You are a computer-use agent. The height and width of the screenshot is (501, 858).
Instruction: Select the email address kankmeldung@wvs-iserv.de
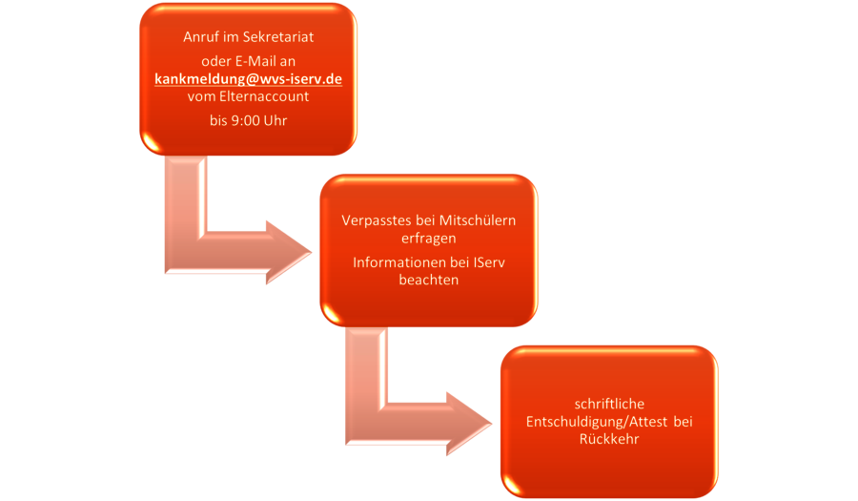(x=249, y=79)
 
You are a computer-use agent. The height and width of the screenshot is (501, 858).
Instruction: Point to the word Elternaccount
(x=264, y=96)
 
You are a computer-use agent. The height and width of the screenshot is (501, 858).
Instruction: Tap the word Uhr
(x=276, y=120)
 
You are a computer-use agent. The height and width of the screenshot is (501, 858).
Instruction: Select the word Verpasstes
(x=377, y=220)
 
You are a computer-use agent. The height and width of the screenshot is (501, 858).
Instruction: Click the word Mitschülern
(x=478, y=220)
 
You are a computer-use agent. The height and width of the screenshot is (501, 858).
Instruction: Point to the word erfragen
(x=428, y=239)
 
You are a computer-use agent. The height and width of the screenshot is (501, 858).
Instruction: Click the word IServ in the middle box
(x=489, y=262)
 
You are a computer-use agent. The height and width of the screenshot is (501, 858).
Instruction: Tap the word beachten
(x=428, y=280)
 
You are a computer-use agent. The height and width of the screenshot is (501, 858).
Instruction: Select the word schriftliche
(x=609, y=404)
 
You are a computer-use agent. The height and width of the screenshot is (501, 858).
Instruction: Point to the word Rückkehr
(x=609, y=439)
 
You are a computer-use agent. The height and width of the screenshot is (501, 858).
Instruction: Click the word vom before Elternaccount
(x=201, y=96)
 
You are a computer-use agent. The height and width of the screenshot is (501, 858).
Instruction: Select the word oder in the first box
(x=216, y=61)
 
